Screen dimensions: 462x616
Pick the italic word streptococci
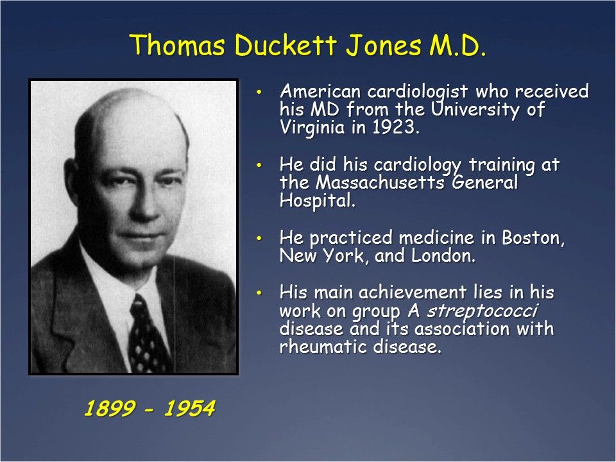coord(482,311)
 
